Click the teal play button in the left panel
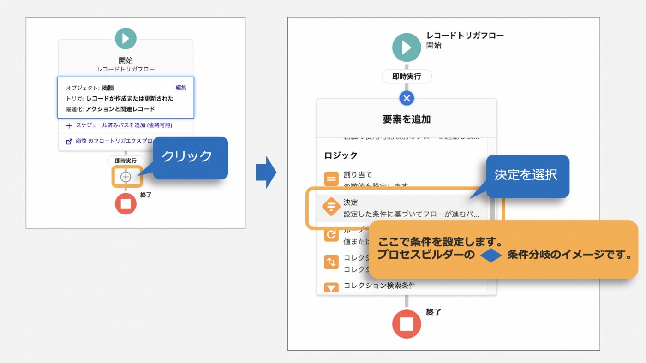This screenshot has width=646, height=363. tap(126, 38)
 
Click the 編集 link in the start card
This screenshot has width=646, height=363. tap(181, 88)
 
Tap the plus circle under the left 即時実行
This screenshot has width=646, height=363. tap(126, 177)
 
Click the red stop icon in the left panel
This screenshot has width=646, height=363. tap(126, 204)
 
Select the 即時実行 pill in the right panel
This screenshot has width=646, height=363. tap(407, 77)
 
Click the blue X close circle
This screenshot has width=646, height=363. tap(407, 98)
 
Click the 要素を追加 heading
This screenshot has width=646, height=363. tap(407, 119)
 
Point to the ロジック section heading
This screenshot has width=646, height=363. tap(341, 155)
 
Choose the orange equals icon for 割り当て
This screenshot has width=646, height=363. tap(331, 179)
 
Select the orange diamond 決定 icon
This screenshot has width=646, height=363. tap(331, 207)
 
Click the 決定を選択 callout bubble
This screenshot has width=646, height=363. tap(526, 175)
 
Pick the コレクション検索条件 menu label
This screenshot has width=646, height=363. tap(379, 286)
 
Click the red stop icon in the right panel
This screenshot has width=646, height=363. tap(407, 324)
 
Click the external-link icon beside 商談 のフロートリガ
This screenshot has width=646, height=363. tap(69, 142)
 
